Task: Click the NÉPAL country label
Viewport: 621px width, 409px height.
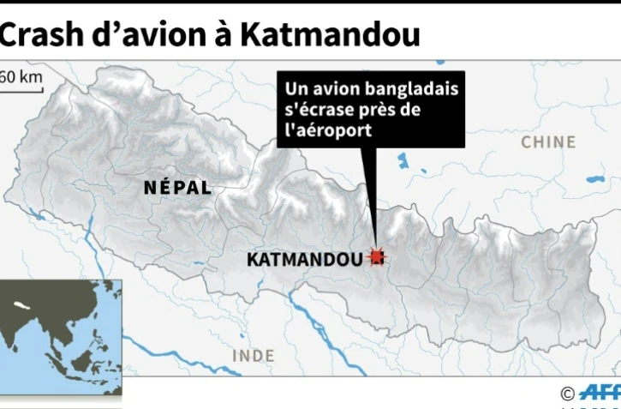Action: [177, 188]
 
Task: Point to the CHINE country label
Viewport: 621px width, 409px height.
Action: [548, 141]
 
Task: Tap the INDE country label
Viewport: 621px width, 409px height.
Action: [253, 355]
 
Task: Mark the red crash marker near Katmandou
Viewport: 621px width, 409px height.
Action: [376, 256]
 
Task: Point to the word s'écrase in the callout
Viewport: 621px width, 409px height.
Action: [319, 110]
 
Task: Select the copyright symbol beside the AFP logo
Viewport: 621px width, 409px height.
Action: [567, 394]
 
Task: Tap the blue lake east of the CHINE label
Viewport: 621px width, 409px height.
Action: [594, 180]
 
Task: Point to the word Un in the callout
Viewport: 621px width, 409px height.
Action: [296, 90]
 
